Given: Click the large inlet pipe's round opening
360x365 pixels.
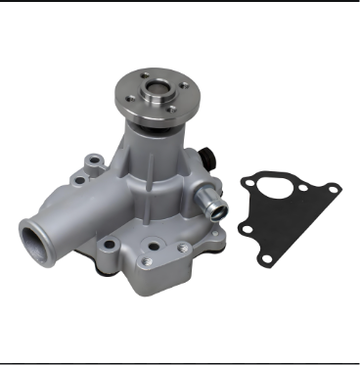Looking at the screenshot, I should click(37, 240).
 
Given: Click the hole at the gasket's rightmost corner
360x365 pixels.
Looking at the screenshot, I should click(330, 190).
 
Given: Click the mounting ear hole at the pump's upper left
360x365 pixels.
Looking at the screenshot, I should click(91, 158).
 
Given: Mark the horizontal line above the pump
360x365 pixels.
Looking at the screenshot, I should click(180, 2).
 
